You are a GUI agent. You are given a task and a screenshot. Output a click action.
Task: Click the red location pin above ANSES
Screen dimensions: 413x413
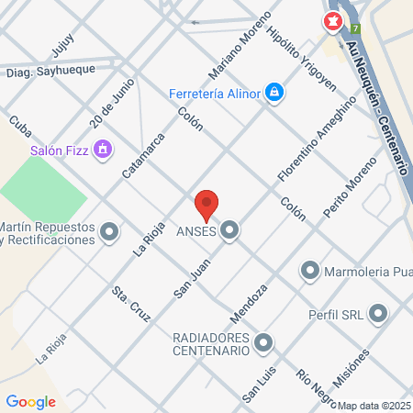206,204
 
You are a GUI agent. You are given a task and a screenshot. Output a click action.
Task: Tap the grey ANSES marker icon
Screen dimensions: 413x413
229,231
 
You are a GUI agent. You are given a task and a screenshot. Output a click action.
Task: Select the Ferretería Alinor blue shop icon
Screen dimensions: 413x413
273,92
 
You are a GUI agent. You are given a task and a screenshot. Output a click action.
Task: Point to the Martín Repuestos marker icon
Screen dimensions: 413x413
110,232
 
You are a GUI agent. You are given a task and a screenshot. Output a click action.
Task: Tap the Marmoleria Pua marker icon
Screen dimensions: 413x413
310,271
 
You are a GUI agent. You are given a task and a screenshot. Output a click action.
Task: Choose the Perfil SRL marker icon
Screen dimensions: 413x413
378,315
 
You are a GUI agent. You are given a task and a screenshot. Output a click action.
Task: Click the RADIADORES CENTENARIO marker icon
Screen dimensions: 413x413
264,343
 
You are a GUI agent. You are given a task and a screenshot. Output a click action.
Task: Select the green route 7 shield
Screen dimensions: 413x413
355,28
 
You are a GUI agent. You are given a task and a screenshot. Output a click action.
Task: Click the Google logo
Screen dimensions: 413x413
31,401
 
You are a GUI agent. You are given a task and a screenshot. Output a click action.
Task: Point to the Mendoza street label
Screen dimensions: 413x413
249,302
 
